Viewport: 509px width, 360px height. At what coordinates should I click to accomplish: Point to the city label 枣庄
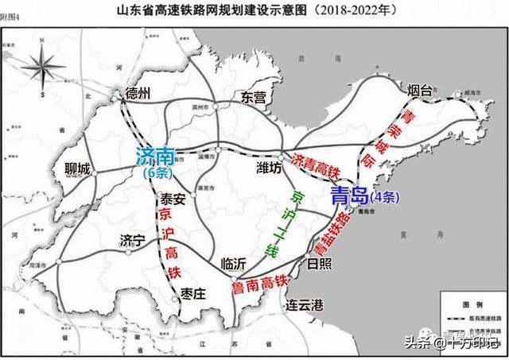191,294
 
